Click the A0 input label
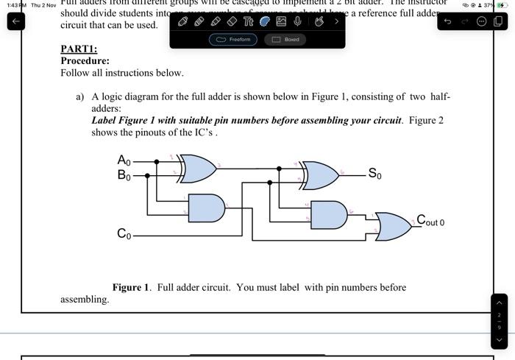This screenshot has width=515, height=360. tap(124, 160)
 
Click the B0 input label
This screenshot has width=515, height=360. tap(124, 175)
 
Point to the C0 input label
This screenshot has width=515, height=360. tap(124, 234)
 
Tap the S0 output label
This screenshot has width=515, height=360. tap(374, 174)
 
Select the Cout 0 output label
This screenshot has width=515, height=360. tap(430, 220)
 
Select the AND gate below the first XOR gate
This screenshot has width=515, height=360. tap(206, 208)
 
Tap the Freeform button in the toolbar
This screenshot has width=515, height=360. tap(233, 39)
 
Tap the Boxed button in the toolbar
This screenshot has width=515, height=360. tap(286, 39)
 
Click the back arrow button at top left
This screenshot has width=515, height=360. tap(15, 21)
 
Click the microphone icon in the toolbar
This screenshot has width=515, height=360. tap(297, 21)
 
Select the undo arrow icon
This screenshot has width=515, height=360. tap(448, 21)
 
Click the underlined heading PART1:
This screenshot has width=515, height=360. tap(79, 49)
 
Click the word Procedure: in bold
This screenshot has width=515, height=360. tap(85, 61)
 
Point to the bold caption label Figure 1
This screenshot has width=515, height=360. tap(130, 287)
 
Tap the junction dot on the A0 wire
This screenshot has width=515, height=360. tap(156, 160)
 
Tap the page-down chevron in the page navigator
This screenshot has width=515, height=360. tap(500, 340)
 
